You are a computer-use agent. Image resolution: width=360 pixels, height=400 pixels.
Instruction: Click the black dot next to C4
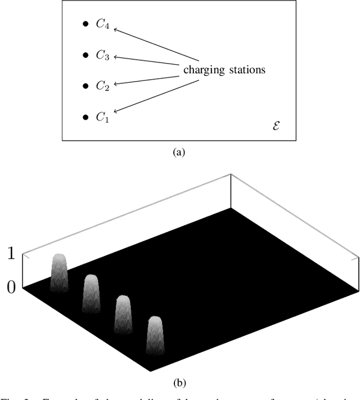pos(85,24)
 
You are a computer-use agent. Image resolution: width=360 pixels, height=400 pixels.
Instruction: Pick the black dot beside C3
pos(85,55)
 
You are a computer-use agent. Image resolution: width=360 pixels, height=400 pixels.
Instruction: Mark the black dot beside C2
pos(85,86)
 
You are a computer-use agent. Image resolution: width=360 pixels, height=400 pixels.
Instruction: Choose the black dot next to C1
pos(85,116)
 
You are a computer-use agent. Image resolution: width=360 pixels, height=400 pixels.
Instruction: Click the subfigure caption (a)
pos(179,152)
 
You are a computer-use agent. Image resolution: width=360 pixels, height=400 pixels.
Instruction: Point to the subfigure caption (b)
pos(179,384)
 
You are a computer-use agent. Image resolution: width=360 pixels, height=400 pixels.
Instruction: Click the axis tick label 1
pos(11,254)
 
